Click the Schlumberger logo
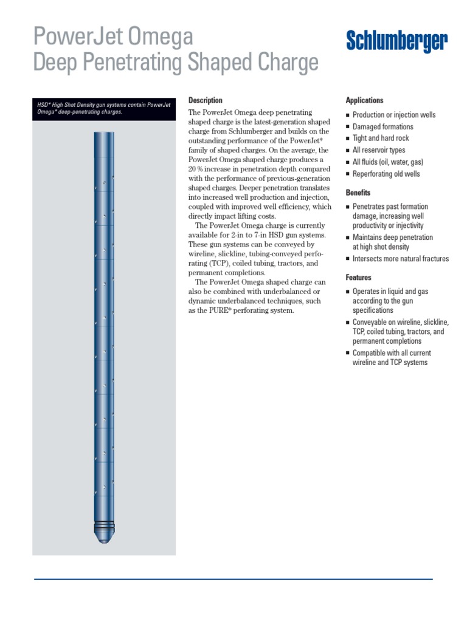pyautogui.click(x=396, y=42)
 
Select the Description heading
pyautogui.click(x=206, y=100)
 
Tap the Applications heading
pyautogui.click(x=364, y=100)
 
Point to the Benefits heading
pyautogui.click(x=358, y=193)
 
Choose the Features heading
pyautogui.click(x=358, y=278)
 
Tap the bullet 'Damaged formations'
pyautogui.click(x=382, y=126)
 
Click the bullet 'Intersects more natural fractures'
pyautogui.click(x=400, y=259)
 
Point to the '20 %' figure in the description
pyautogui.click(x=196, y=168)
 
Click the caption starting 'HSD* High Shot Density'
pyautogui.click(x=103, y=108)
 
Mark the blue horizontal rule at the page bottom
pyautogui.click(x=233, y=579)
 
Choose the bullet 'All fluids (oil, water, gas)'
pyautogui.click(x=387, y=162)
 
